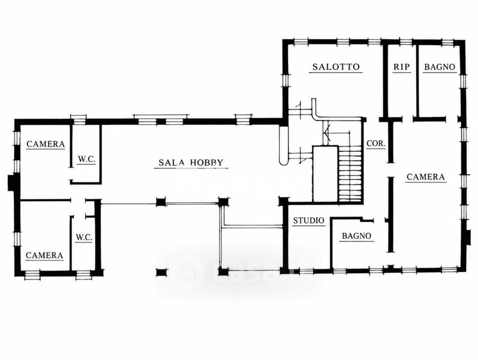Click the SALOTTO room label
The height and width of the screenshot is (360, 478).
[336, 67]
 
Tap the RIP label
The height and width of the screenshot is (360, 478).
[401, 67]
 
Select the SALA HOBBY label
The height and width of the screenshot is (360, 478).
[191, 163]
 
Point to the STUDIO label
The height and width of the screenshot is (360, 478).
[309, 221]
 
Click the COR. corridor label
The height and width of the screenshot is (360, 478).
[376, 143]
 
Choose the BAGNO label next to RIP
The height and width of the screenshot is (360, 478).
[440, 67]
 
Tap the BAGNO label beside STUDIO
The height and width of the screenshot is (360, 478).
[356, 236]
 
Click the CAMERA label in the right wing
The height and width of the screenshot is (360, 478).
[426, 177]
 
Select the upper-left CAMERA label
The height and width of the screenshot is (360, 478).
[46, 144]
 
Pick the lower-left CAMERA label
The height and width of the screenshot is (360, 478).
[44, 255]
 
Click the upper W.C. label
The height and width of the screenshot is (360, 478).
[86, 159]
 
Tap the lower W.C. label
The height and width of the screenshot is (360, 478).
[84, 237]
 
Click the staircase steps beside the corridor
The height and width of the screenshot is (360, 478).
[350, 173]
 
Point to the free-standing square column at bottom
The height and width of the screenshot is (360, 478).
[162, 272]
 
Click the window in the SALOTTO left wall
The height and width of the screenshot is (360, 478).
[285, 80]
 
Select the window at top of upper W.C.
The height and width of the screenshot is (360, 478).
[79, 119]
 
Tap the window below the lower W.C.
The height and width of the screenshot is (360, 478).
[83, 275]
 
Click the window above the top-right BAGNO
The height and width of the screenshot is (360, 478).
[447, 43]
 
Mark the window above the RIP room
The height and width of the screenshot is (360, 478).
[406, 43]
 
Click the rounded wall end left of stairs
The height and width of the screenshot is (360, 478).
[283, 146]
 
